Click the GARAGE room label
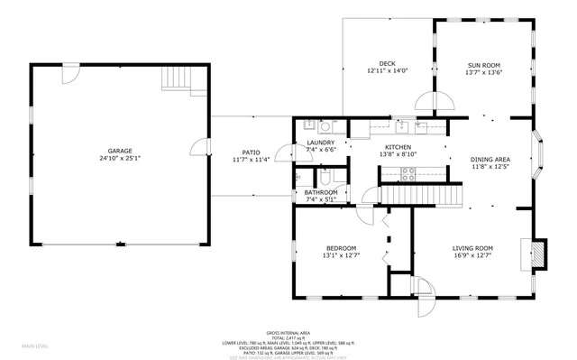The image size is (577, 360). [121, 151]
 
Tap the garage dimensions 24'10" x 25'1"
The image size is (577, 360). [121, 159]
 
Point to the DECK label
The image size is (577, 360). [388, 63]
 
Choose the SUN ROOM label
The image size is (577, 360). [484, 63]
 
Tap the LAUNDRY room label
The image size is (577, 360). [321, 142]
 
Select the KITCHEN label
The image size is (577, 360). [398, 146]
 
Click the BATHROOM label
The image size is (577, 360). [321, 191]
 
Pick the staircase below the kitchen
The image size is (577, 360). [419, 193]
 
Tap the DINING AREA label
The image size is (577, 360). [490, 160]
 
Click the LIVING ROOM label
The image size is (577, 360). [472, 248]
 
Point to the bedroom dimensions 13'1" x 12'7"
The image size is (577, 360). [341, 256]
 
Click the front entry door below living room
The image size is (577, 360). [424, 294]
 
